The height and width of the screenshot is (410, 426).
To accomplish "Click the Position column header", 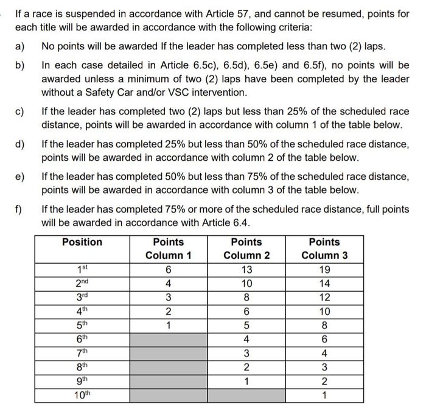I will (x=82, y=242).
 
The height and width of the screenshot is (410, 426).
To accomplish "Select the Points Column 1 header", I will (x=169, y=249).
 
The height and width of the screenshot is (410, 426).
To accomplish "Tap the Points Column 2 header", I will (x=246, y=249).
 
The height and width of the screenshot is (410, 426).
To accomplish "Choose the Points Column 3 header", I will (x=324, y=249).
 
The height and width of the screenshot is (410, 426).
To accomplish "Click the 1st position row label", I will (x=82, y=269).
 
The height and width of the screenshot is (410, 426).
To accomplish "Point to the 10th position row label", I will (x=82, y=394).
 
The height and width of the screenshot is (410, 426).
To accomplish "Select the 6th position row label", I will (x=82, y=339).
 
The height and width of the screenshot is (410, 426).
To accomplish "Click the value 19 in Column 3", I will (x=324, y=269).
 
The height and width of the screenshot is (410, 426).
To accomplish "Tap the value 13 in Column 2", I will (x=246, y=269).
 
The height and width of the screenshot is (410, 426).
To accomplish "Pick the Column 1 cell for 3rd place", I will (x=169, y=297).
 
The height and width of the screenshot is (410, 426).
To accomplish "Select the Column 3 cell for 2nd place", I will (x=324, y=283).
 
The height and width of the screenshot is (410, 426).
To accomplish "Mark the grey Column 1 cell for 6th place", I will (x=169, y=339).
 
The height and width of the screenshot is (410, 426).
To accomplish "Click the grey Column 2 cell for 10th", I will (x=246, y=394).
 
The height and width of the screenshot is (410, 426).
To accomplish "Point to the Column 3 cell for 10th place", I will (x=324, y=394).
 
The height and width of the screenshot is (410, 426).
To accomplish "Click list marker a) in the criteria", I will (x=20, y=46).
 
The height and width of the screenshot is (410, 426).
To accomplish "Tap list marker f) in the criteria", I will (x=19, y=209).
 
